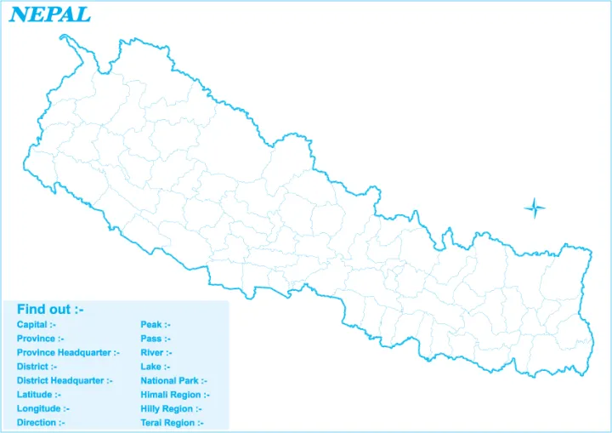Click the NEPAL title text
tap(50, 14)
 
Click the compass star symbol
tap(535, 207)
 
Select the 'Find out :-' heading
tap(50, 309)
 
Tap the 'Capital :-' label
tap(37, 325)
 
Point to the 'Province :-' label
tap(41, 339)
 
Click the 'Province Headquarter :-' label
tap(68, 352)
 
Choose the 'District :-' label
tap(37, 367)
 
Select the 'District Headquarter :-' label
tap(65, 380)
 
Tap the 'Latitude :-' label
tap(39, 395)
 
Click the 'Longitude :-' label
tap(42, 408)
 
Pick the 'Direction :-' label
tap(41, 423)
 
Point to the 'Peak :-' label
tap(156, 325)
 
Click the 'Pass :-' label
tap(156, 339)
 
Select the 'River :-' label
tap(156, 352)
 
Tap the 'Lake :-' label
tap(156, 367)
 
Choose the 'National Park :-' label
tap(173, 380)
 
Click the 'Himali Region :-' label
tap(175, 395)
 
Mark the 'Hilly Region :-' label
tap(171, 408)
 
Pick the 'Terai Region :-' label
tap(172, 423)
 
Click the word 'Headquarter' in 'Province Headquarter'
tap(84, 352)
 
